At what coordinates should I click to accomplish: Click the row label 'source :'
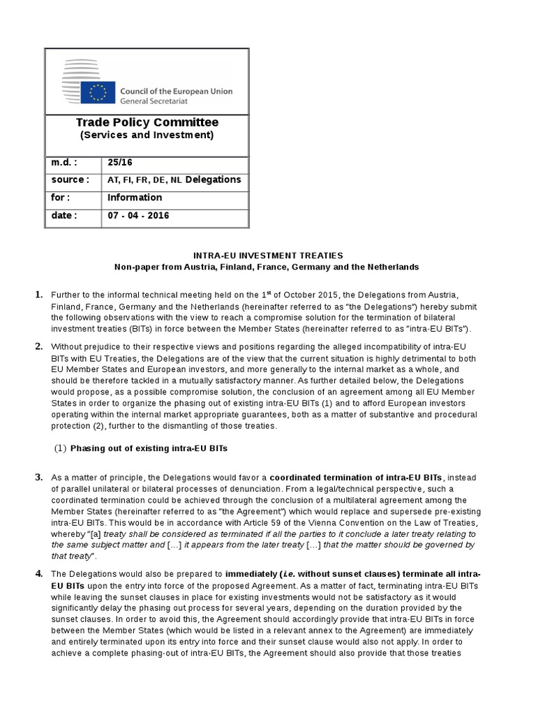pyautogui.click(x=70, y=179)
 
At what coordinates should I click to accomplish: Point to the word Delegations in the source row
pyautogui.click(x=213, y=179)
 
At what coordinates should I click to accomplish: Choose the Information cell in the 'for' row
pyautogui.click(x=135, y=198)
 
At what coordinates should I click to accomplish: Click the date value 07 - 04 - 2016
pyautogui.click(x=138, y=216)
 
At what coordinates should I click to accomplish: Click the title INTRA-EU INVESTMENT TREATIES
pyautogui.click(x=267, y=256)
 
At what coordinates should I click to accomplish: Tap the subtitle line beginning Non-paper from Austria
pyautogui.click(x=267, y=267)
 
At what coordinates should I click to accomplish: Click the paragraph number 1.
pyautogui.click(x=39, y=295)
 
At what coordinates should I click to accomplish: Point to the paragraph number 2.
pyautogui.click(x=39, y=346)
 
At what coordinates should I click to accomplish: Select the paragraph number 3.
pyautogui.click(x=39, y=477)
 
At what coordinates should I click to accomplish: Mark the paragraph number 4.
pyautogui.click(x=39, y=573)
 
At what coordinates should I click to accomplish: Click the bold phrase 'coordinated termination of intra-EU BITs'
pyautogui.click(x=357, y=478)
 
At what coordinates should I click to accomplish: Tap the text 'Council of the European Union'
pyautogui.click(x=177, y=91)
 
